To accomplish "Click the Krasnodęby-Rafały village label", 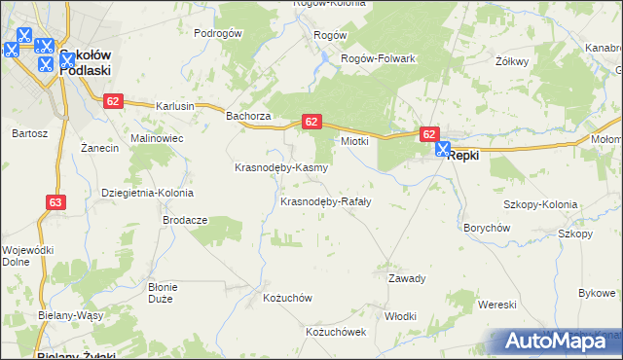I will (325, 202).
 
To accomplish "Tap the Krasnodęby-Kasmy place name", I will (280, 167).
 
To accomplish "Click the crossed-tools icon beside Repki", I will (443, 151).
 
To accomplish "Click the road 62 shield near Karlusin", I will (114, 100).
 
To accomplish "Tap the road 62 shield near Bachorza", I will (311, 122).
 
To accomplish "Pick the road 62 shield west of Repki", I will (430, 133).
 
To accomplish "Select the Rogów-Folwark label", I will (378, 58).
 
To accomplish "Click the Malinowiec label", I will (157, 139).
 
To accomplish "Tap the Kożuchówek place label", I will (336, 332).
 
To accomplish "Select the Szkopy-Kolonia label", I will (539, 205).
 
